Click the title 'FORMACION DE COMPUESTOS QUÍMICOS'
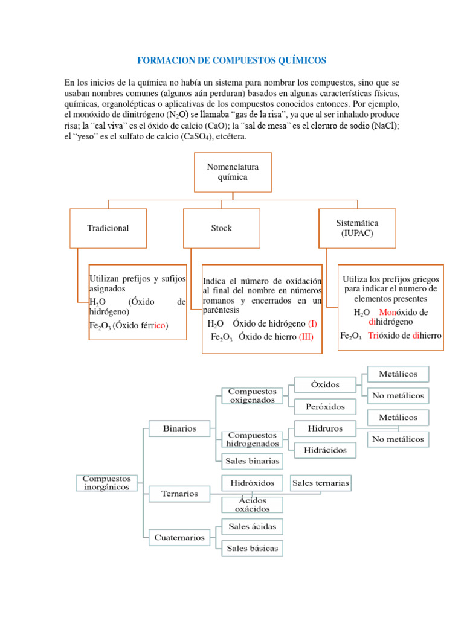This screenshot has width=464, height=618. [x=231, y=60]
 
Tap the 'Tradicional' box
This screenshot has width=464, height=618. [x=108, y=228]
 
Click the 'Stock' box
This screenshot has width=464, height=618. [x=221, y=228]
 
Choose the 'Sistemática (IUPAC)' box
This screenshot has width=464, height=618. [x=357, y=228]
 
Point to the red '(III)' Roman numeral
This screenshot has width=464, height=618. [x=306, y=337]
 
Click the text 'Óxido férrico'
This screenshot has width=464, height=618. [x=141, y=325]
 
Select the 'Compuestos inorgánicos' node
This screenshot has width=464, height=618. [x=107, y=482]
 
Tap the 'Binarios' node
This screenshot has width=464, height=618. [x=179, y=428]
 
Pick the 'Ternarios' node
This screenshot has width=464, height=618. [x=179, y=494]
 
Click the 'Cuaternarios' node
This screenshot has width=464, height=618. [x=179, y=537]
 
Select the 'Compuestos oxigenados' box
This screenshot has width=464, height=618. [x=252, y=395]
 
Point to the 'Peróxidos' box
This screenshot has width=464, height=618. [x=324, y=406]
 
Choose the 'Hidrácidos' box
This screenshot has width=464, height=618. [x=325, y=450]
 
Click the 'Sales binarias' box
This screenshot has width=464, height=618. [x=252, y=461]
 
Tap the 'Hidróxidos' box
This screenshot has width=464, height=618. [x=252, y=483]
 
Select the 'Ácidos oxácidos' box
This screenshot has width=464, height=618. [x=252, y=505]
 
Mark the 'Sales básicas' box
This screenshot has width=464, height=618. [x=252, y=548]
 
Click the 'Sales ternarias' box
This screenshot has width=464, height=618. [x=320, y=483]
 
